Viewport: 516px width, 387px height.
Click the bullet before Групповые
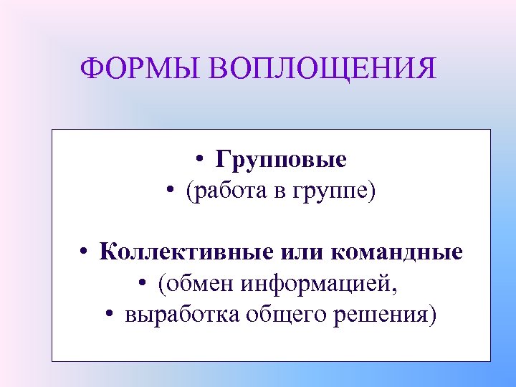(x=204, y=160)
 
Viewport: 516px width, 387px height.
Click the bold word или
(x=294, y=252)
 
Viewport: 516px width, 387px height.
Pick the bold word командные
(x=396, y=252)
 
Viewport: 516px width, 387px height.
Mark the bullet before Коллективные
(x=85, y=253)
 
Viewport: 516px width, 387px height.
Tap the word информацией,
(x=320, y=284)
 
